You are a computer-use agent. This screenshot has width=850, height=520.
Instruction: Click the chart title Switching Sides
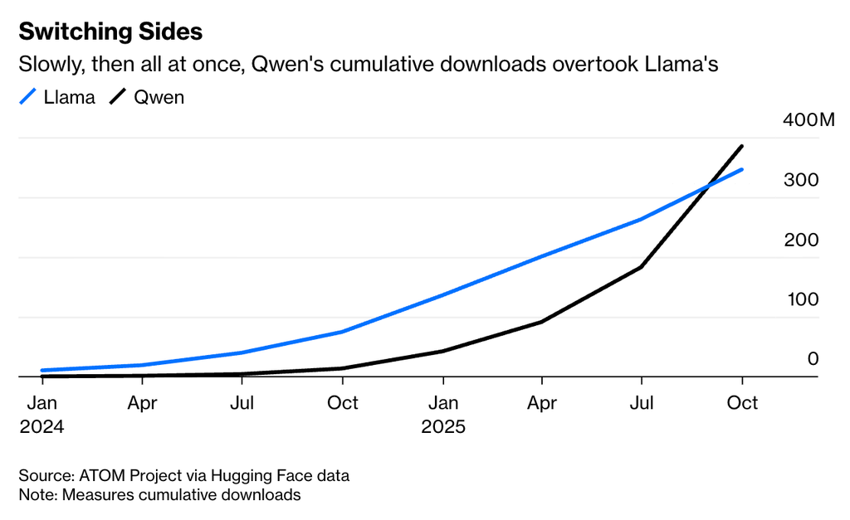[x=110, y=32]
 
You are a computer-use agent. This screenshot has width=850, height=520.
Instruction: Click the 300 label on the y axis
[x=802, y=180]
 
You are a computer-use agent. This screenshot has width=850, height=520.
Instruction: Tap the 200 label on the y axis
[x=802, y=240]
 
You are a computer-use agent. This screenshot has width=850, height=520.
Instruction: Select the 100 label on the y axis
[x=802, y=299]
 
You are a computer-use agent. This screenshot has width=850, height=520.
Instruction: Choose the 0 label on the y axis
[x=813, y=359]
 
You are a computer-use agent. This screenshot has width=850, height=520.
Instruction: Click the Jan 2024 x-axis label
[x=42, y=415]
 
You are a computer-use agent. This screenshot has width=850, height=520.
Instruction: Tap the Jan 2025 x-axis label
[x=442, y=415]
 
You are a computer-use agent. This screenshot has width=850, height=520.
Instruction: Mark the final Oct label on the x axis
[x=742, y=403]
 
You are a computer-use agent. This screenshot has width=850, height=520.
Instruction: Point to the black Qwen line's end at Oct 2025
[x=742, y=146]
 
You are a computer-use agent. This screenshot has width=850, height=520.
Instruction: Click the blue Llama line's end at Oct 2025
[x=742, y=169]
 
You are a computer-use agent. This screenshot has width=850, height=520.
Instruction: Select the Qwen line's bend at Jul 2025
[x=642, y=267]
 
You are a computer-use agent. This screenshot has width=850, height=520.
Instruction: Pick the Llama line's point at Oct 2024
[x=342, y=332]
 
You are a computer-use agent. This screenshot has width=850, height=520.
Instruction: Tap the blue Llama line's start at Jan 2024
[x=42, y=370]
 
